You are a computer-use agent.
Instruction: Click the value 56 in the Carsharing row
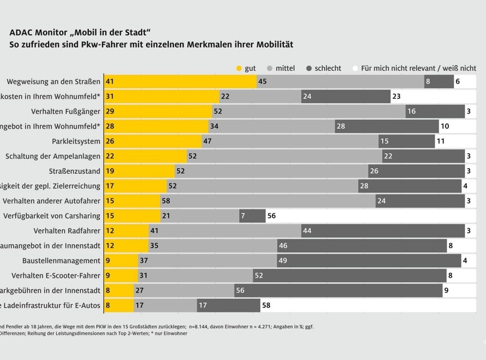click(271, 216)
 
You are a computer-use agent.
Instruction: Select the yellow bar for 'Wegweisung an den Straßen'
click(180, 81)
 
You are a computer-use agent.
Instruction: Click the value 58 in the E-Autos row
click(266, 306)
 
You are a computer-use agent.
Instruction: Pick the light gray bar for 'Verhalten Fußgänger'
click(308, 111)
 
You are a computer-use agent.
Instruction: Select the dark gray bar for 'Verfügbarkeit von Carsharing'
click(252, 216)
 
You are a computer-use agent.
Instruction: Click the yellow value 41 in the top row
click(109, 81)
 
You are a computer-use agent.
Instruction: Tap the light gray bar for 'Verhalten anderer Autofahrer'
click(268, 201)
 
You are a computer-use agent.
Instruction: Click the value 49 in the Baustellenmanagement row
click(282, 261)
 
